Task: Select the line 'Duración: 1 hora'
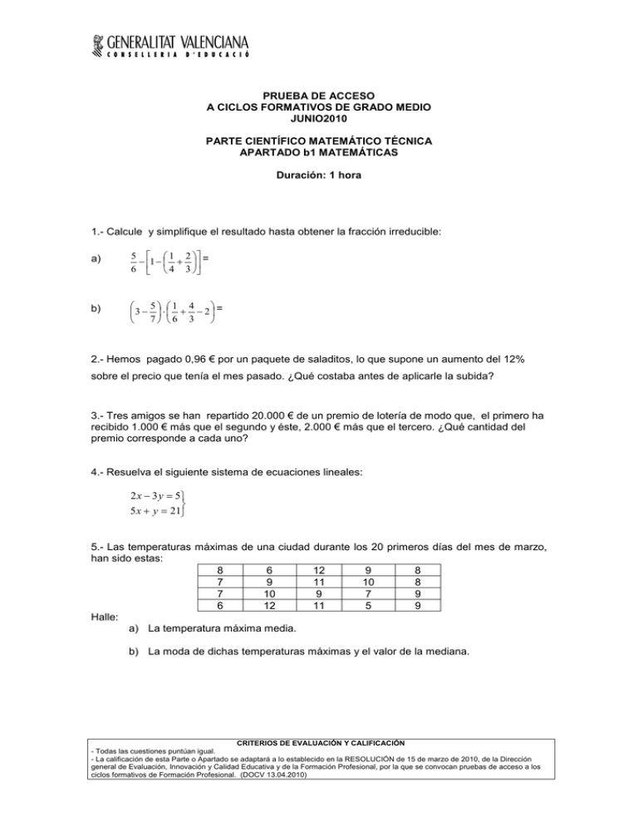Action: click(x=318, y=177)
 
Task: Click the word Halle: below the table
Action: click(x=105, y=617)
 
